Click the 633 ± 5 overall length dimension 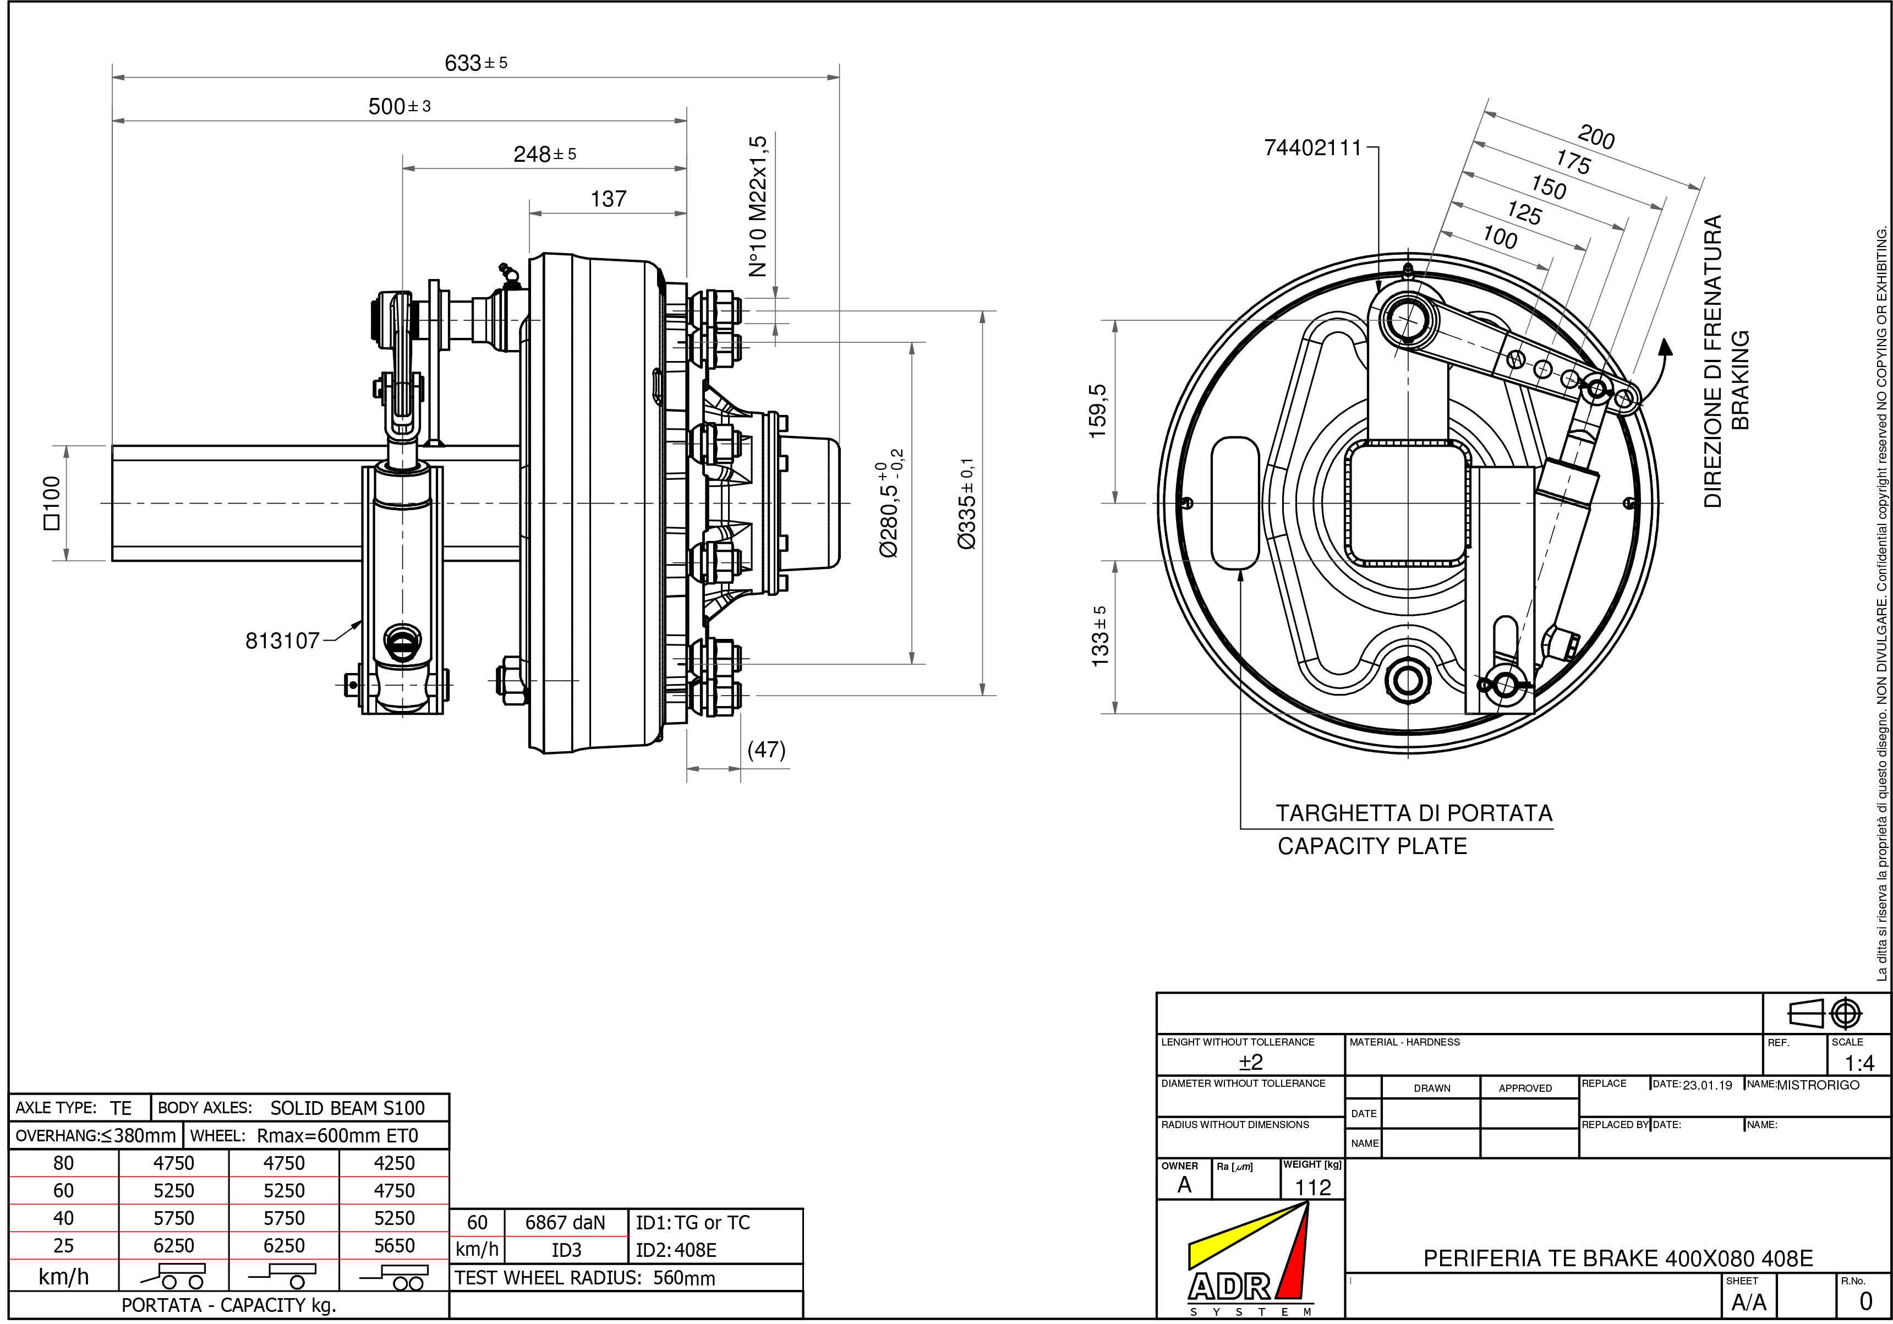[475, 63]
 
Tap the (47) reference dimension [766, 749]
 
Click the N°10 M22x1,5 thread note [758, 206]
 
